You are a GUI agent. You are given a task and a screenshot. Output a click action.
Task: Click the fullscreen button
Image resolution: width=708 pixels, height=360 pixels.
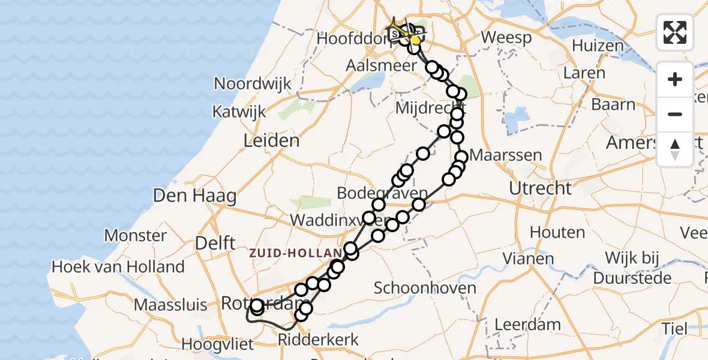click(675, 32)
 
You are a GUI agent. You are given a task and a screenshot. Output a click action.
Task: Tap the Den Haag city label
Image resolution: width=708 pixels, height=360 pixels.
click(195, 196)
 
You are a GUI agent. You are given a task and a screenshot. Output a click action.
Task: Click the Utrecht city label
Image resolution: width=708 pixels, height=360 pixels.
click(540, 188)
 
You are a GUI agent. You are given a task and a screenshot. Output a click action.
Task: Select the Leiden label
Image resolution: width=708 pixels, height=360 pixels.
click(271, 141)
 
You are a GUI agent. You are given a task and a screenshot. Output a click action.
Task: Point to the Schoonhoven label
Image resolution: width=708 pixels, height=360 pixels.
click(425, 287)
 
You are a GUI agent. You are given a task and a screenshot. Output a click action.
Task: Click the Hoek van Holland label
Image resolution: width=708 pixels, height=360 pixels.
click(118, 266)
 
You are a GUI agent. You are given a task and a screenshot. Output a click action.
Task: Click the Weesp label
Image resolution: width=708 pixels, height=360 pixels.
click(506, 38)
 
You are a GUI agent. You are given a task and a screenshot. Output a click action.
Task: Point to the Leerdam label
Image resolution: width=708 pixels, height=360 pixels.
click(528, 325)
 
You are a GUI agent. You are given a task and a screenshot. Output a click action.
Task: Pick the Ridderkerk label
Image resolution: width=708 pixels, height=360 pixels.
click(318, 340)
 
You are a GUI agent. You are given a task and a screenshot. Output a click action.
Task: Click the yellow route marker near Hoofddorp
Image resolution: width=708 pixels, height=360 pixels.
click(415, 40)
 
